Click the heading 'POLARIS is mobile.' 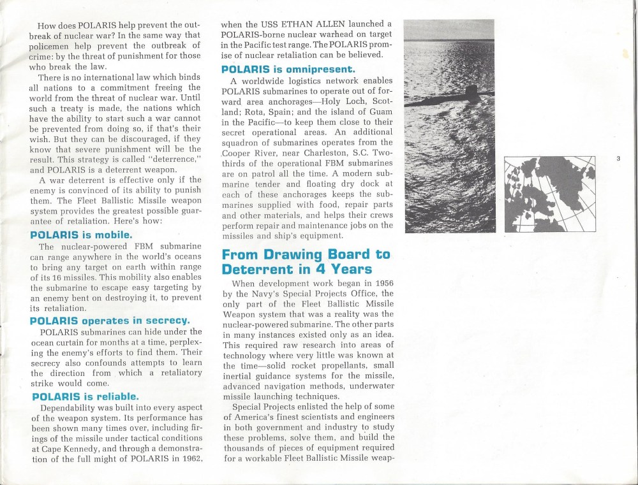click(81, 235)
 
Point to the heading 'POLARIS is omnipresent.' click(288, 68)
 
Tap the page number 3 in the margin click(618, 159)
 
